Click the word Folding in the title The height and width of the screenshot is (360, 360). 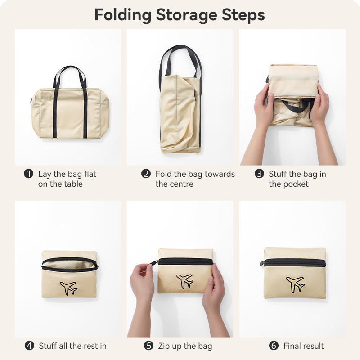pyautogui.click(x=123, y=15)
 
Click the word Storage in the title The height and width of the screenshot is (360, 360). pyautogui.click(x=186, y=16)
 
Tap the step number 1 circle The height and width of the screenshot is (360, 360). pyautogui.click(x=29, y=174)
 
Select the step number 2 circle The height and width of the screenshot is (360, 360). pyautogui.click(x=146, y=174)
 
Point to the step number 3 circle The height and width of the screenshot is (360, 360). pyautogui.click(x=260, y=174)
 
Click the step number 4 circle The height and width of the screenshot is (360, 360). pyautogui.click(x=29, y=346)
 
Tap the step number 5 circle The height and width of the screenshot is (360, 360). pyautogui.click(x=149, y=346)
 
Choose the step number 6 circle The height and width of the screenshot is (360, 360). pyautogui.click(x=274, y=346)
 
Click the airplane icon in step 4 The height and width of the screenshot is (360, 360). pyautogui.click(x=69, y=288)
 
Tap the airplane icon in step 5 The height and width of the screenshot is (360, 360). pyautogui.click(x=185, y=281)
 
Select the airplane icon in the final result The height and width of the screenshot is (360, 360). pyautogui.click(x=296, y=285)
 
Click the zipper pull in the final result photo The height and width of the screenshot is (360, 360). pyautogui.click(x=262, y=263)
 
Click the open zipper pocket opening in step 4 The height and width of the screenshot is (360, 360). pyautogui.click(x=70, y=264)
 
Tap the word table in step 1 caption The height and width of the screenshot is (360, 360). pyautogui.click(x=74, y=184)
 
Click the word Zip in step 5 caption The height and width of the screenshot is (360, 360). pyautogui.click(x=163, y=346)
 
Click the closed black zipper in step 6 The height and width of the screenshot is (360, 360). pyautogui.click(x=295, y=263)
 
